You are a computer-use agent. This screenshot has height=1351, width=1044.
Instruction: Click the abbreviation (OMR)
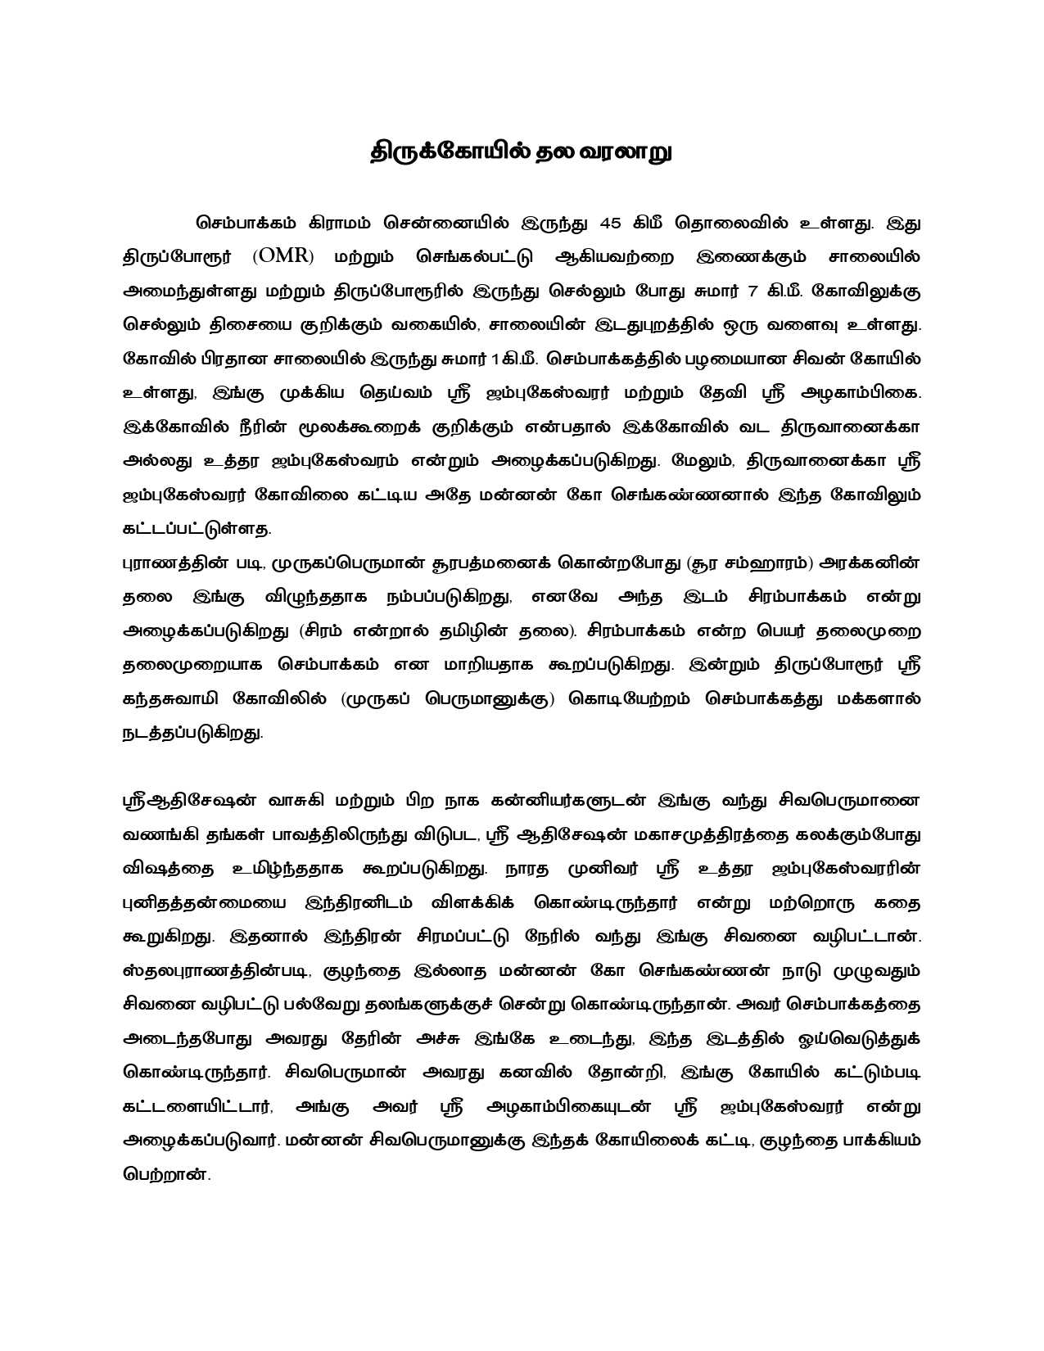click(x=283, y=256)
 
